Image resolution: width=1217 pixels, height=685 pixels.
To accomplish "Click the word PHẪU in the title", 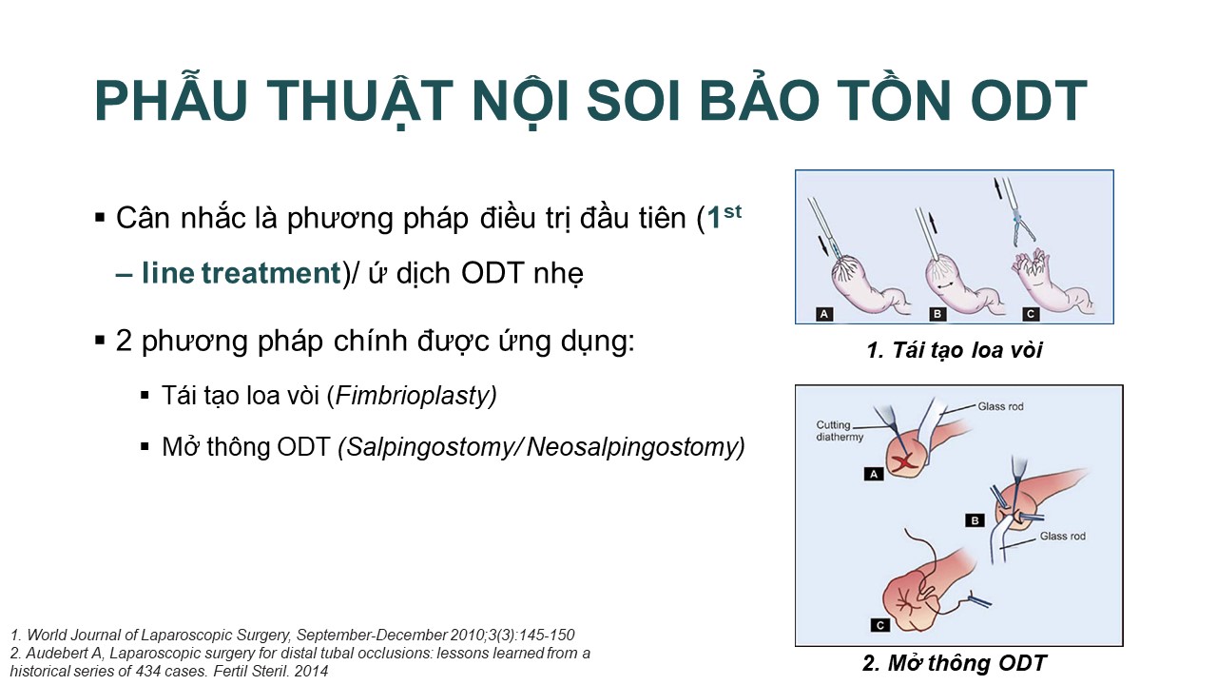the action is (171, 100).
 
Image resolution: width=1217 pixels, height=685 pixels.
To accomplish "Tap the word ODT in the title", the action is (1029, 101).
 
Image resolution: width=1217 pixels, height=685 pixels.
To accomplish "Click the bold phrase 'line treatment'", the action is (241, 272).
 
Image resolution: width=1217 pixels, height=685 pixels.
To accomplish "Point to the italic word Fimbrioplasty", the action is (414, 396).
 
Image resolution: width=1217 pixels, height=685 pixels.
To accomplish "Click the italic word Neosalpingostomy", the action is (633, 447).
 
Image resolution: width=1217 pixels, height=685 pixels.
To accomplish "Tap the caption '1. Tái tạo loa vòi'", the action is (955, 350).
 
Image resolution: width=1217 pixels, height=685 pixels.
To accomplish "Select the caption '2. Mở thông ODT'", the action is (955, 663).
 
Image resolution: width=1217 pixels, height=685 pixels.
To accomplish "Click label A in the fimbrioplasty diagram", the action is (824, 314).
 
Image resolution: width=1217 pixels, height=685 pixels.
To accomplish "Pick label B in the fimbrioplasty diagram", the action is (937, 314).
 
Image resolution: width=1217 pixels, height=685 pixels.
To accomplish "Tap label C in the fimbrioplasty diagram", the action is (1031, 314).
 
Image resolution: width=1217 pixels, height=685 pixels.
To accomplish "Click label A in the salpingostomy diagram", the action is (874, 474).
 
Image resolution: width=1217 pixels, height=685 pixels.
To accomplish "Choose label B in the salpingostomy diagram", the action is (975, 520).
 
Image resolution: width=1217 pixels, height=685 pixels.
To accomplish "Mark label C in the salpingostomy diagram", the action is (880, 626).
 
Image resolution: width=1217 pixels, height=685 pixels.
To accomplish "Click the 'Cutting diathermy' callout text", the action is (840, 431).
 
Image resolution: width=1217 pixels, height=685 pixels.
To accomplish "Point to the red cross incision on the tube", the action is (904, 462).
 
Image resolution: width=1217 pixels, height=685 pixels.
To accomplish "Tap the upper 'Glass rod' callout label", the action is (1000, 406).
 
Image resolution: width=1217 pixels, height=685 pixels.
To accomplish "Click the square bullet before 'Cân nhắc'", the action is (100, 218).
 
